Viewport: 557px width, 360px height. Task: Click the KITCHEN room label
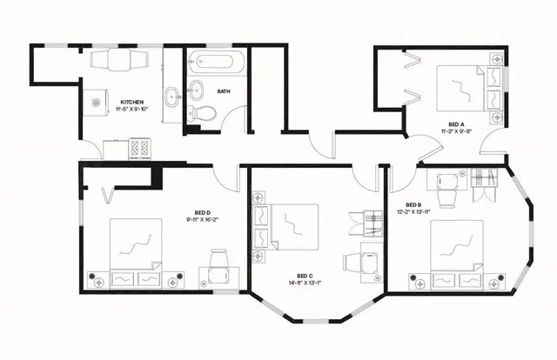(x=131, y=101)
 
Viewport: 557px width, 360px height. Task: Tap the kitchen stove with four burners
(x=140, y=149)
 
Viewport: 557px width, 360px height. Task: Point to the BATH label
(x=224, y=90)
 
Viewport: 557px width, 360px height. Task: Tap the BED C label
(x=305, y=274)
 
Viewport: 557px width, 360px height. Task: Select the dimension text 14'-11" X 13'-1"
(x=305, y=283)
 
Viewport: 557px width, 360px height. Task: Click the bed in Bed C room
(x=292, y=227)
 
